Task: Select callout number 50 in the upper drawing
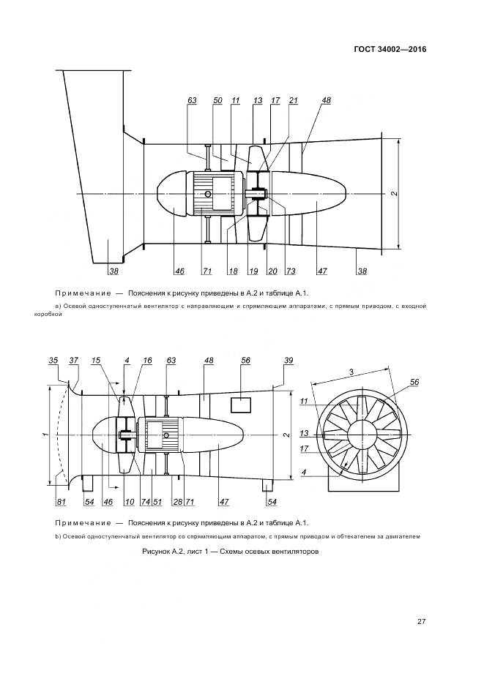click(217, 100)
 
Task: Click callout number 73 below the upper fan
click(291, 271)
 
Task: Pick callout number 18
click(233, 271)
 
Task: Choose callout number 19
click(253, 271)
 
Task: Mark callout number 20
click(272, 271)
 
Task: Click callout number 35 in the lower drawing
click(53, 361)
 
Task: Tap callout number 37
click(73, 361)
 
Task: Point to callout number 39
click(288, 361)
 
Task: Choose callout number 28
click(176, 502)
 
